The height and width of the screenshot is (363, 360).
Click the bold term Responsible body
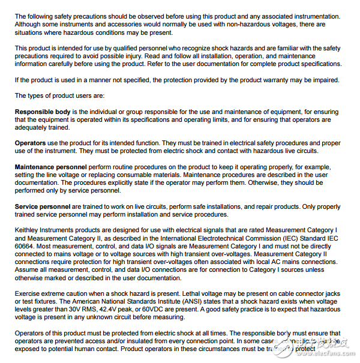[x=43, y=112]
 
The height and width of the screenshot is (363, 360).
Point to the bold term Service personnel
[x=43, y=206]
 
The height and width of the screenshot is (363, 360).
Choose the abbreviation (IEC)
[x=290, y=238]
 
